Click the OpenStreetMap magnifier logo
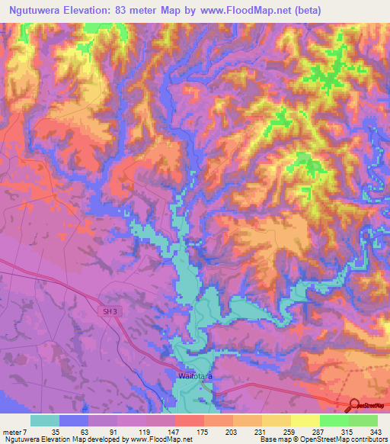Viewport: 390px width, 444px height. pyautogui.click(x=354, y=406)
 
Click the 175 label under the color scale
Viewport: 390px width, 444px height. pyautogui.click(x=203, y=431)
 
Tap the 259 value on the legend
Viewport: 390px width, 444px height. pyautogui.click(x=290, y=431)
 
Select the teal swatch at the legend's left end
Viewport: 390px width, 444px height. pyautogui.click(x=45, y=420)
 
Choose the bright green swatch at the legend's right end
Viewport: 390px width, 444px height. pyautogui.click(x=363, y=420)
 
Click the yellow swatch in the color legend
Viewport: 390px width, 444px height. pyautogui.click(x=305, y=420)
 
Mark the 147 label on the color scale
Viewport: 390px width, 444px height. pyautogui.click(x=174, y=431)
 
